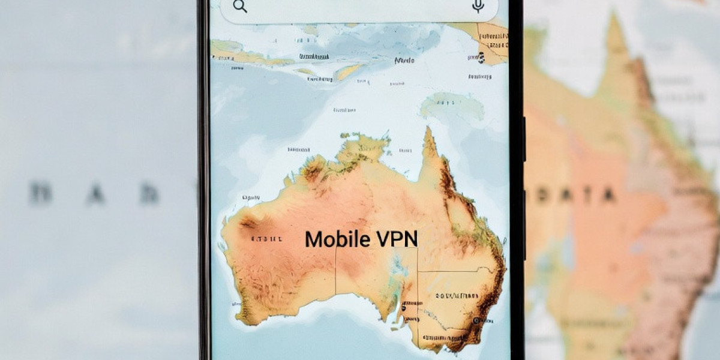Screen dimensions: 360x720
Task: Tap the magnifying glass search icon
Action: tap(240, 7)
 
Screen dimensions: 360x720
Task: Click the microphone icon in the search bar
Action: tap(478, 6)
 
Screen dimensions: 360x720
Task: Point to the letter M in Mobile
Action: tap(313, 239)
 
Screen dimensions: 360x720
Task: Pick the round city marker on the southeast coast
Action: tap(476, 321)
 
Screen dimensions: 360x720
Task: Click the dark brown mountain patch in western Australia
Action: tap(248, 223)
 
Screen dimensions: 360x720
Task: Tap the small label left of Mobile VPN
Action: tap(266, 239)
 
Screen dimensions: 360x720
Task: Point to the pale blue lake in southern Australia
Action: tap(395, 264)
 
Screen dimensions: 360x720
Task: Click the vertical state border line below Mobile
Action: tap(335, 270)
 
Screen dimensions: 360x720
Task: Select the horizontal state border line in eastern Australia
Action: tap(456, 271)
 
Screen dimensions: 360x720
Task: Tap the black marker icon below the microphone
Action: tap(481, 57)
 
